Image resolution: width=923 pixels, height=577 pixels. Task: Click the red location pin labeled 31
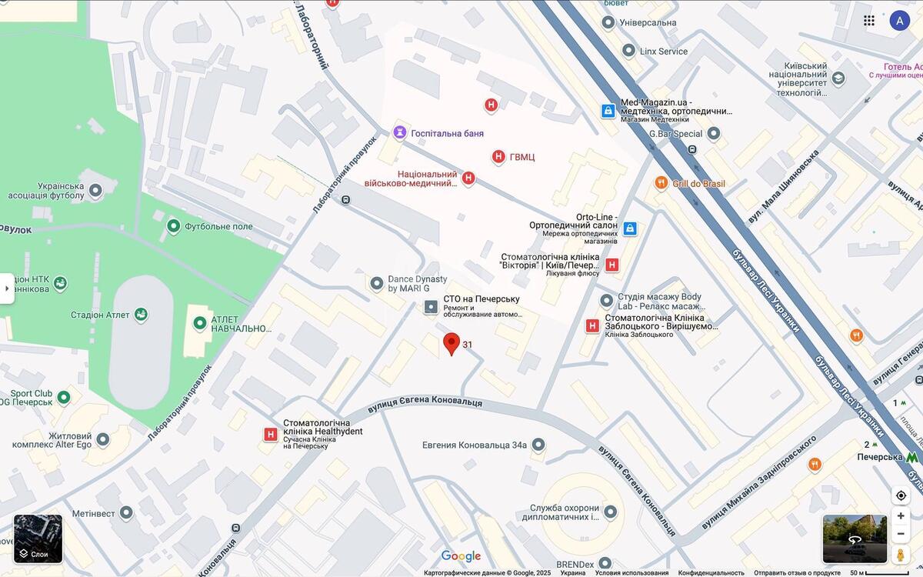[452, 343]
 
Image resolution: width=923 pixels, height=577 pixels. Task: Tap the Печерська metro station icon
[912, 457]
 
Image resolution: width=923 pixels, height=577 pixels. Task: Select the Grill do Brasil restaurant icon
[661, 183]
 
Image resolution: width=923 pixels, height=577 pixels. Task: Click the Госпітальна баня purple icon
[399, 133]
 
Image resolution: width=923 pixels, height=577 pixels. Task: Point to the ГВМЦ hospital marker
[498, 157]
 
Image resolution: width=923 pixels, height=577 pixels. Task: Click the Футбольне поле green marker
[174, 226]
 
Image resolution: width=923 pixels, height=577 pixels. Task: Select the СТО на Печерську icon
[431, 307]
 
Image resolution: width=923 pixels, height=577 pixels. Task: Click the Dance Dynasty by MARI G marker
[377, 284]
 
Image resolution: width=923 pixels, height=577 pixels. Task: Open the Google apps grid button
[869, 21]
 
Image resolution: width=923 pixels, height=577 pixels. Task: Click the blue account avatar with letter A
[899, 21]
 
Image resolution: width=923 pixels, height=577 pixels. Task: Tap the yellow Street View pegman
[901, 554]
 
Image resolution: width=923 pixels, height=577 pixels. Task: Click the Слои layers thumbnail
[38, 539]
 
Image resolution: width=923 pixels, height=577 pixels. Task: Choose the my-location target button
[901, 495]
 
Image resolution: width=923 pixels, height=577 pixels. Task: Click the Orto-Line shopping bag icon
[630, 228]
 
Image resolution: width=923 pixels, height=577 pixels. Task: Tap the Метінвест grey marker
[126, 513]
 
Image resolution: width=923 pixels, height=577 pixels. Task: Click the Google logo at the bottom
[461, 556]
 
